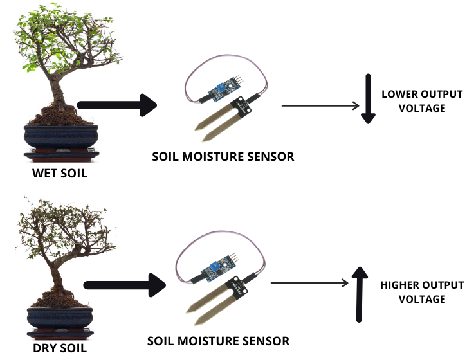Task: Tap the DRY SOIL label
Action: pyautogui.click(x=59, y=349)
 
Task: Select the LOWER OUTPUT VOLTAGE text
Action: pyautogui.click(x=421, y=101)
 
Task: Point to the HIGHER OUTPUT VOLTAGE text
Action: pyautogui.click(x=421, y=292)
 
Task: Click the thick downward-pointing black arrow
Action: pyautogui.click(x=368, y=98)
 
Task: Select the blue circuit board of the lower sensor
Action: pyautogui.click(x=215, y=267)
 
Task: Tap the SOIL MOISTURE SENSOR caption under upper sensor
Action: pyautogui.click(x=223, y=156)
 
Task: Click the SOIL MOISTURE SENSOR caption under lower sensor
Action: pyautogui.click(x=218, y=341)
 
